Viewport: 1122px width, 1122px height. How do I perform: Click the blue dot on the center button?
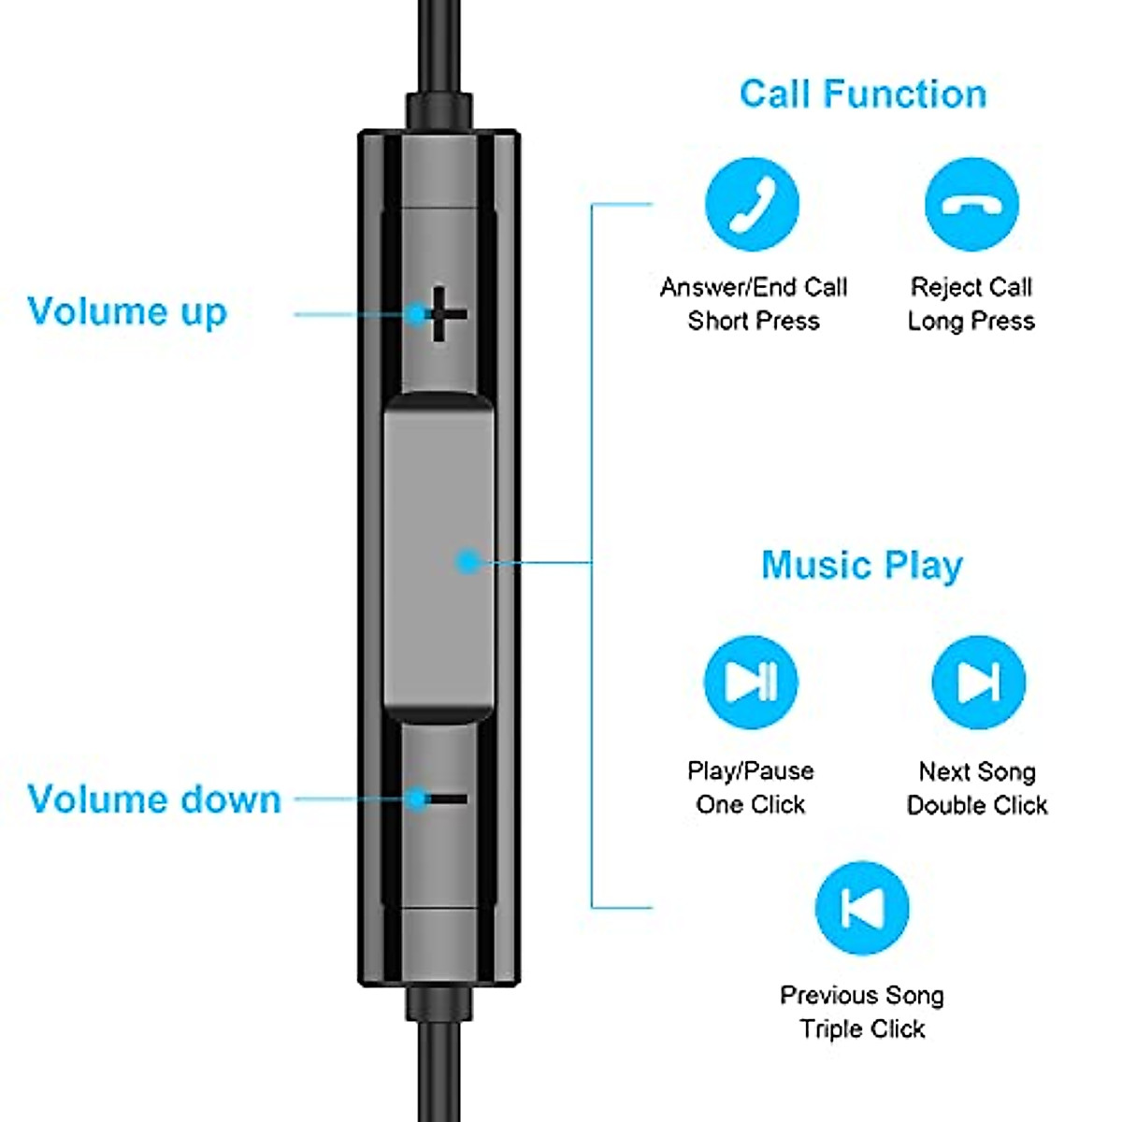(467, 562)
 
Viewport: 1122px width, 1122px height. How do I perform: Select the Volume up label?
(127, 312)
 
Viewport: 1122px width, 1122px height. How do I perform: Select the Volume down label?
(154, 799)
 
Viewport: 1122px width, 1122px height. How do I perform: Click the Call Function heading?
(862, 94)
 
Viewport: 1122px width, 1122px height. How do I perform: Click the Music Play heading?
(861, 566)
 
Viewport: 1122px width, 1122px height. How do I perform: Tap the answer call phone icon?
(752, 204)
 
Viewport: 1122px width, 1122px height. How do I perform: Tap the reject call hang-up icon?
(971, 204)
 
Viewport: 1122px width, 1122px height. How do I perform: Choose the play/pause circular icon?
(751, 682)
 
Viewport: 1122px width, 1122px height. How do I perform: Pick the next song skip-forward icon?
(978, 682)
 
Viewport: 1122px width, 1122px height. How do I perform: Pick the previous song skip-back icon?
(861, 908)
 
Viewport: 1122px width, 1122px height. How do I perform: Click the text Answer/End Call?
(754, 287)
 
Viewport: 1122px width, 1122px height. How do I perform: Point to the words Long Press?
(971, 322)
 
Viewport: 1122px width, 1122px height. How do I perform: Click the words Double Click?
(977, 805)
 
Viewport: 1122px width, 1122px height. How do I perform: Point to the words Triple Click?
(862, 1029)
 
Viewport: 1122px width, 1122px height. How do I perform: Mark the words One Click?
(751, 805)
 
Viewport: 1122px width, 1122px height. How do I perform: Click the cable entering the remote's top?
(439, 47)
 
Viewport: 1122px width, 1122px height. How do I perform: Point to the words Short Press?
(754, 322)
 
